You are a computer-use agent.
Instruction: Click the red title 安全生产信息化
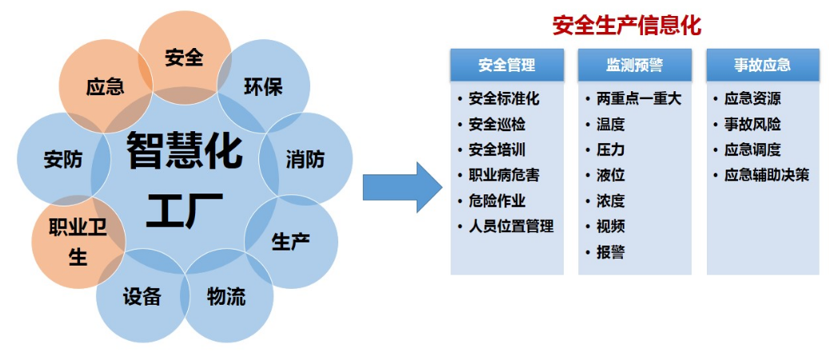coord(626,26)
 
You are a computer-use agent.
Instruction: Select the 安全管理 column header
coord(506,65)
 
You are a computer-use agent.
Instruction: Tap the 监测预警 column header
coord(634,65)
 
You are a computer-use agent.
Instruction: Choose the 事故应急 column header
coord(762,65)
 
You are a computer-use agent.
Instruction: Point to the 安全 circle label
coord(184,58)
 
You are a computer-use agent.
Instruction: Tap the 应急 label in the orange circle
coord(105,86)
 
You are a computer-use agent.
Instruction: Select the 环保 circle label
coord(263,86)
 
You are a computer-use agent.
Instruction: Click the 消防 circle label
coord(305,159)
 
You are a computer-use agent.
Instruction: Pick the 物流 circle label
coord(225,297)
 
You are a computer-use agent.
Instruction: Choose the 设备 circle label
coord(142,297)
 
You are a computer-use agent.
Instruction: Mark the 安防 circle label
coord(63,159)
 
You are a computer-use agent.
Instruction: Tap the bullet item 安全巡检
coord(497,125)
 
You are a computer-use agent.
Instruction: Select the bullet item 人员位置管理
coord(510,226)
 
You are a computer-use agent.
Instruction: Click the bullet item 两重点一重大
coord(638,99)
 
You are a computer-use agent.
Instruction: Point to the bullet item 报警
coord(610,252)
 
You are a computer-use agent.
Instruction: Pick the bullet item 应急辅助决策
coord(766,175)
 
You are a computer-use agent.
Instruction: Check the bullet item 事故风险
coord(752,125)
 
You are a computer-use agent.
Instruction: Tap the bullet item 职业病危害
coord(504,175)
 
